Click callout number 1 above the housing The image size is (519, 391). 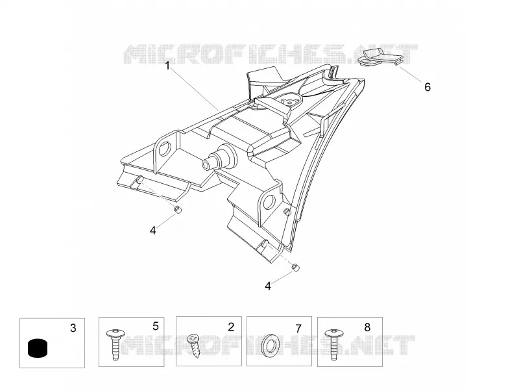(167, 66)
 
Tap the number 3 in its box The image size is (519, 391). (73, 328)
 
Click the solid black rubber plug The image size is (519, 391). (38, 348)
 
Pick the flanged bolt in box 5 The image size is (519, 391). (115, 344)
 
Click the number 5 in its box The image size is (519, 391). (156, 327)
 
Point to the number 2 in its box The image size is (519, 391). (231, 327)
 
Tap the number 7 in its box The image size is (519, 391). (298, 329)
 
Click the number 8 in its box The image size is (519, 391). (367, 327)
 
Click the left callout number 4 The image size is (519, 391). (152, 231)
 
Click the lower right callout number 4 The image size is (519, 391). (268, 286)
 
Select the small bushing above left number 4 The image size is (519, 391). (178, 210)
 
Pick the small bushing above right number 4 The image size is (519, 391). (295, 267)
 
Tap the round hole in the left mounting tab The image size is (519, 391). (164, 149)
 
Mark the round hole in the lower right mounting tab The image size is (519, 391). (269, 201)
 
